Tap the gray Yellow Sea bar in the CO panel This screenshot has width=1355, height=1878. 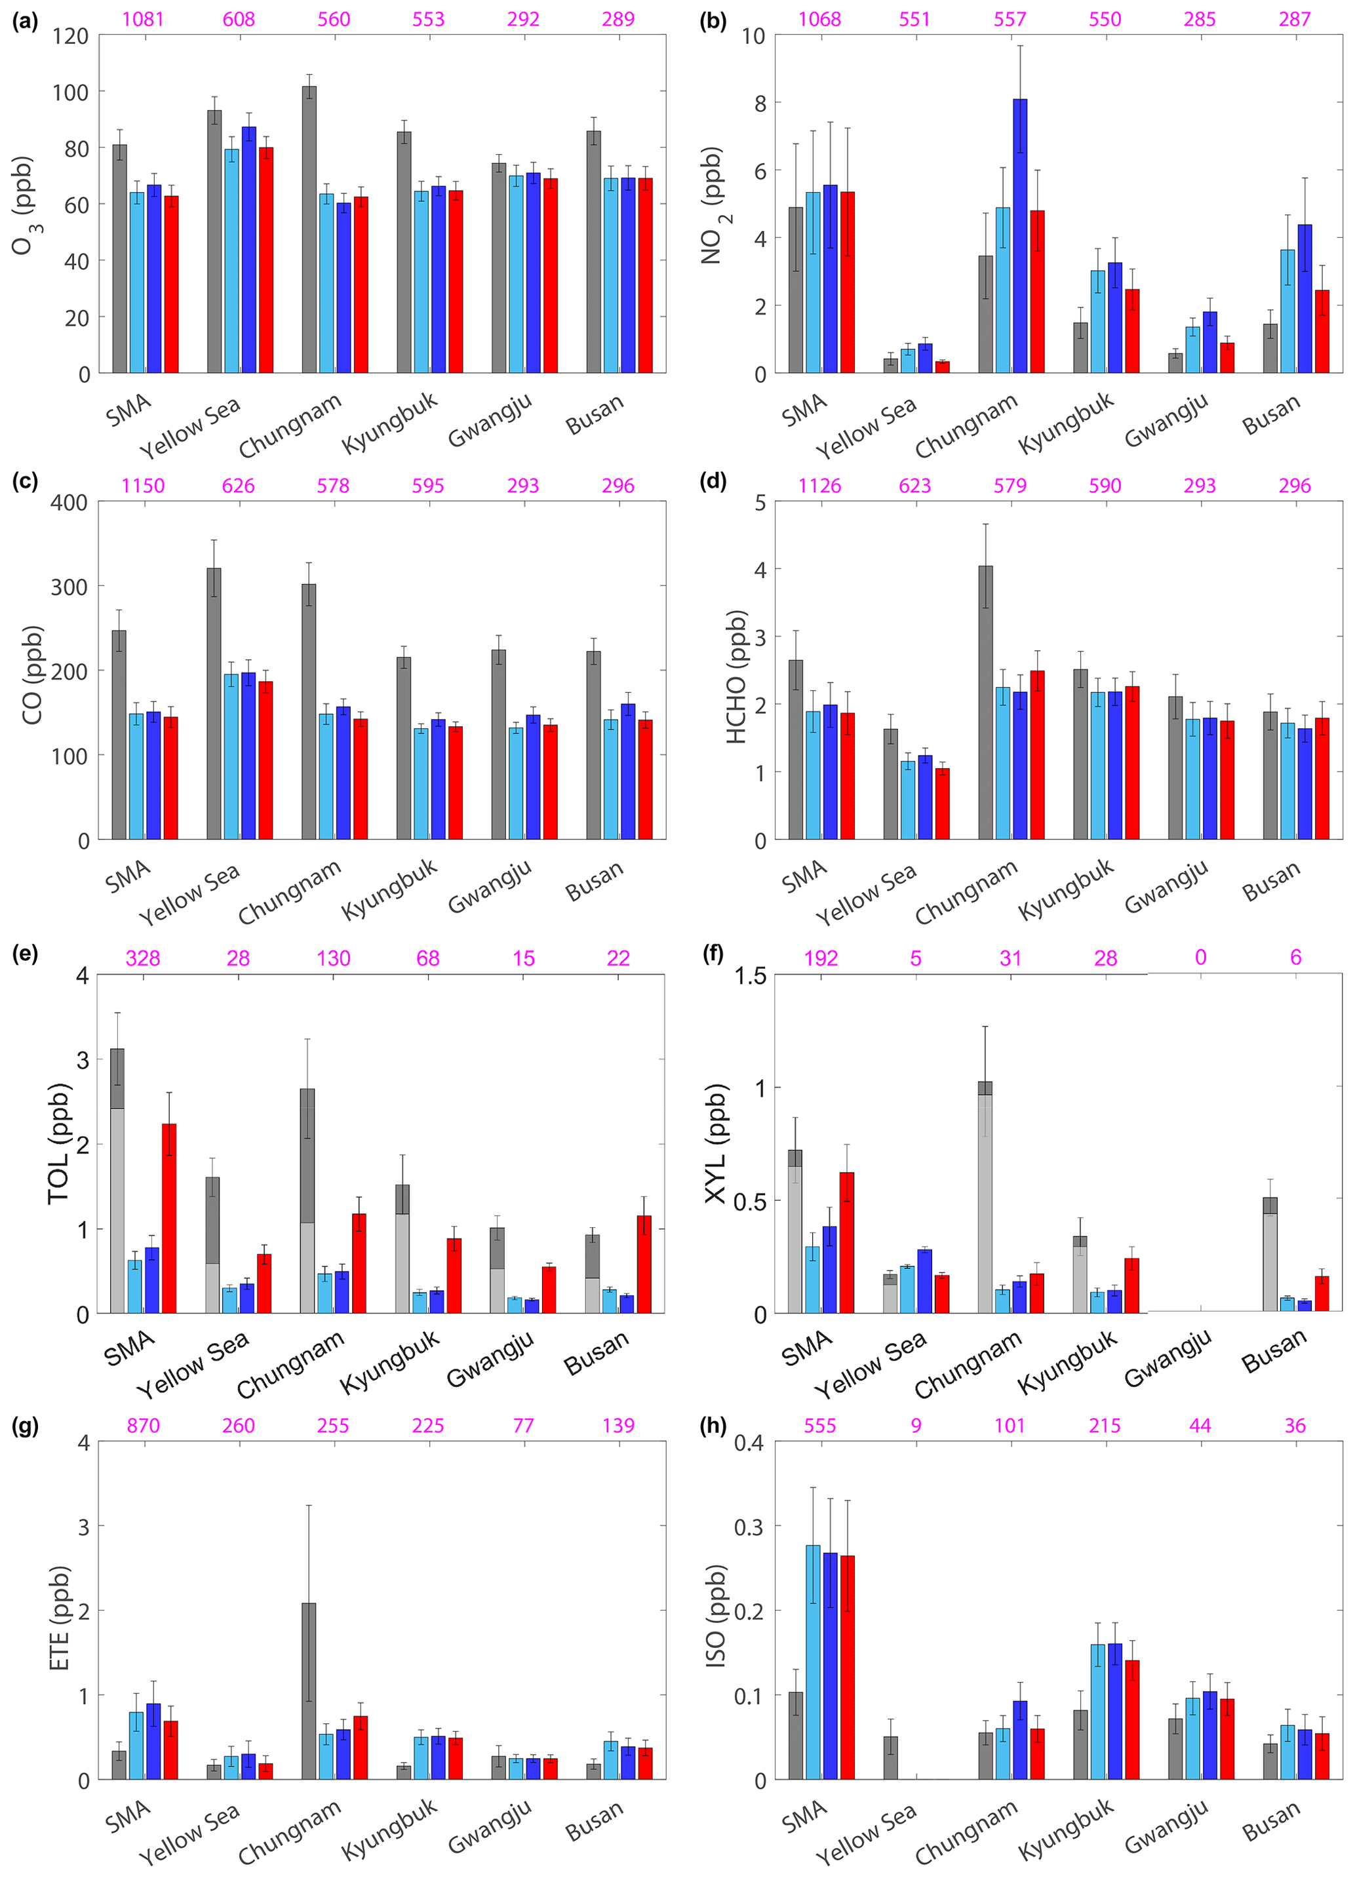(x=214, y=704)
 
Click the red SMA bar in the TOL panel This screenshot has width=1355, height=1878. (x=169, y=1218)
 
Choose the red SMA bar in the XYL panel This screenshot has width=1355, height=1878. (x=846, y=1242)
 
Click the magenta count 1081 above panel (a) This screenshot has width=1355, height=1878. (x=144, y=18)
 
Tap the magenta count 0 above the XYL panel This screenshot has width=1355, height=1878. (x=1200, y=958)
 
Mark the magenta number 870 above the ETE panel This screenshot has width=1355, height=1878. (x=144, y=1426)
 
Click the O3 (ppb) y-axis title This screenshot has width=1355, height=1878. (x=24, y=205)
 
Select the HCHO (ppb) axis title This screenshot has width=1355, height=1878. (x=736, y=676)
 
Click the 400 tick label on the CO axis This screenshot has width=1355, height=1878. (x=70, y=503)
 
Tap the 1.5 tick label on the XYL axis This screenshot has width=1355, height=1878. (x=751, y=976)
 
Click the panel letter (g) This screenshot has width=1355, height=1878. (x=25, y=1426)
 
